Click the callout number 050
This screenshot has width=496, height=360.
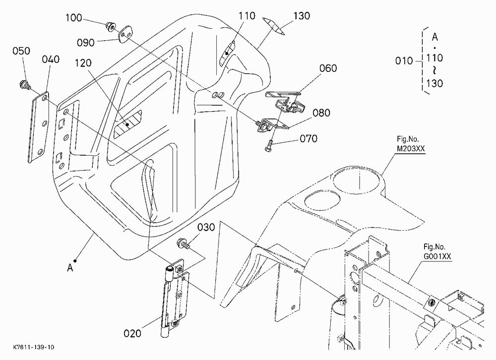coord(21,51)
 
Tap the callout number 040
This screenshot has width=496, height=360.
coord(51,59)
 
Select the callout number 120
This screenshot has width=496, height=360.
coord(83,63)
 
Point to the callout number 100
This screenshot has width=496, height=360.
coord(74,18)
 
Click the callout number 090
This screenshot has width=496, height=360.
coord(86,42)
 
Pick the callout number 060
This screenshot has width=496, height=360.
coord(328,68)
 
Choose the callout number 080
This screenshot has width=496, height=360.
coord(321,113)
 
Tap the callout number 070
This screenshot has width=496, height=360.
coord(309,138)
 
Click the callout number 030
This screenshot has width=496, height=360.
coord(206,228)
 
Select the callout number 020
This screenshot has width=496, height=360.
coord(132,333)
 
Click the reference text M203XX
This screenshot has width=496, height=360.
coord(411,149)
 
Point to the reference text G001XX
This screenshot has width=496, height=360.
coord(437,256)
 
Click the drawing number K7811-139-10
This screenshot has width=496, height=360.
coord(34,347)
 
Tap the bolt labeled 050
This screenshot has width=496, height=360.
coord(25,85)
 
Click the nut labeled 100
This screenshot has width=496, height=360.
coord(111,27)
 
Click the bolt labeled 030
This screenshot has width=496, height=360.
coord(184,243)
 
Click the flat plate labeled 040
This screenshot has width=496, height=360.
coord(39,127)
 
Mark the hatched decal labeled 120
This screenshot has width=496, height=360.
coord(127,123)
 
